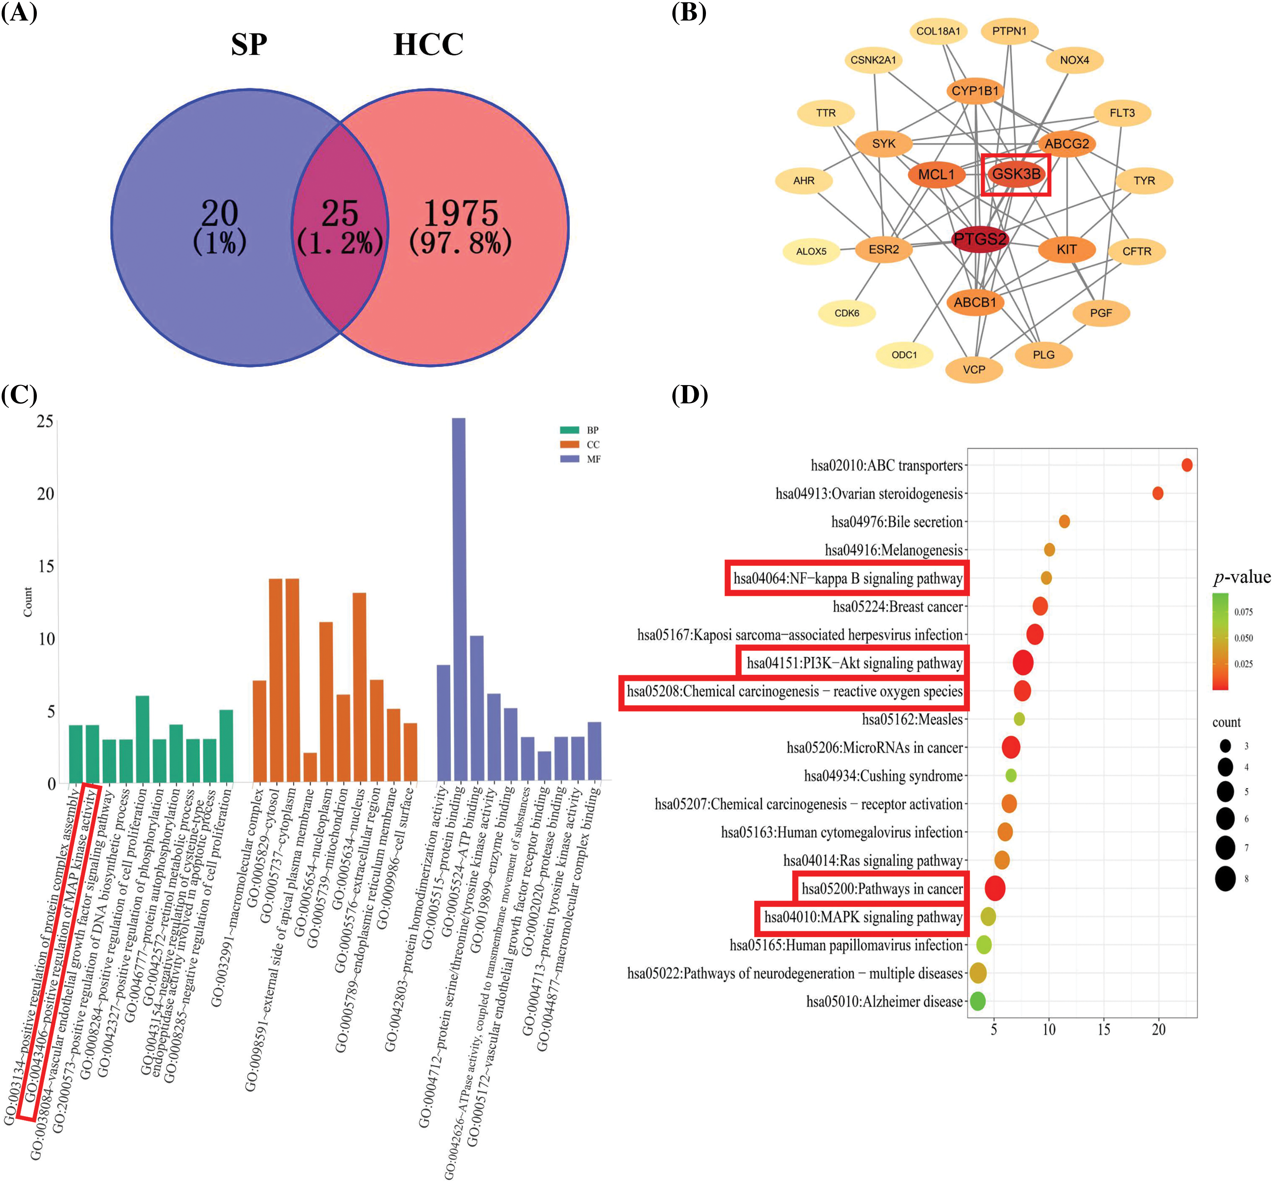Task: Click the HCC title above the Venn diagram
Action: [428, 45]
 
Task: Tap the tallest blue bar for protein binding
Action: [458, 599]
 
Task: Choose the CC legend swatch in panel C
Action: [569, 444]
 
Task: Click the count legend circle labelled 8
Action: [1225, 878]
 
